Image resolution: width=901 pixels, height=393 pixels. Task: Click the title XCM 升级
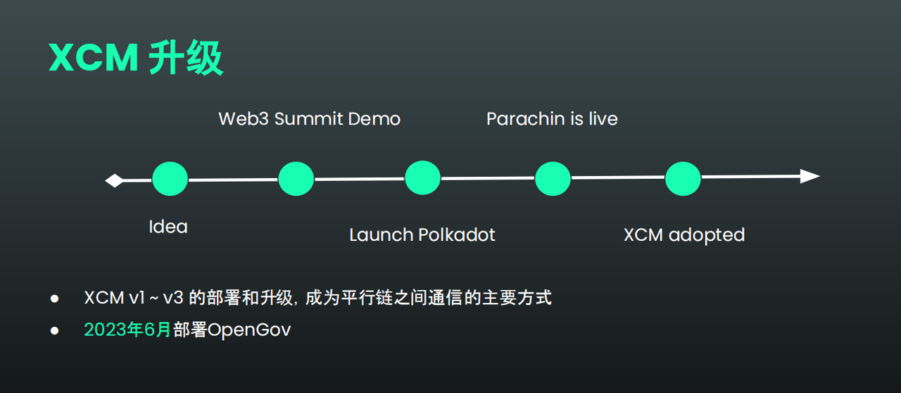[136, 58]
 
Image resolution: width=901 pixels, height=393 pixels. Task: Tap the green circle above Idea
[170, 179]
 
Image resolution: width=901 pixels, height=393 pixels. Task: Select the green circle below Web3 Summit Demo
[296, 179]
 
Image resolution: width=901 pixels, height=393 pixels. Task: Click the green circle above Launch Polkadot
[422, 178]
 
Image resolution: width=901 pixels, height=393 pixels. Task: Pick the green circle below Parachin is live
[553, 179]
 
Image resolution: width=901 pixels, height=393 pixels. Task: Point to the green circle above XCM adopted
[683, 179]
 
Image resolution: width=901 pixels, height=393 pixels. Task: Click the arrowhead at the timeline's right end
[810, 176]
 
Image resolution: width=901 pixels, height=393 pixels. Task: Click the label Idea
[168, 227]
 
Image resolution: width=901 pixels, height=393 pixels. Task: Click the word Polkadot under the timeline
[457, 235]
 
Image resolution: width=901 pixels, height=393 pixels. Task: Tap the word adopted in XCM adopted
[706, 235]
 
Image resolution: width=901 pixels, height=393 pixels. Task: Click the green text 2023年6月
[127, 330]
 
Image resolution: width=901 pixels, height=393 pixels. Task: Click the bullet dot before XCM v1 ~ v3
[54, 299]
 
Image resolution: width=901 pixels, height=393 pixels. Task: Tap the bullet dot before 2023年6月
[54, 330]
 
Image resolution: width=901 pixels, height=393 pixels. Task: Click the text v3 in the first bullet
[173, 298]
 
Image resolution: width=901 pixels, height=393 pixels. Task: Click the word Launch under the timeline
[381, 235]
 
